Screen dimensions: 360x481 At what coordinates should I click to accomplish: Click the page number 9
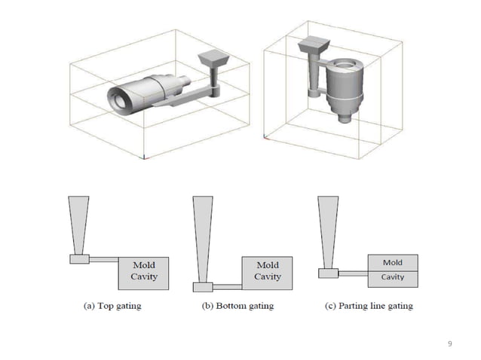(x=450, y=343)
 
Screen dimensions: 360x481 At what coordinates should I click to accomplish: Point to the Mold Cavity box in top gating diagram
(x=143, y=273)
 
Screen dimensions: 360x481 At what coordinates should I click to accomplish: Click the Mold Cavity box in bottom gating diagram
(x=267, y=273)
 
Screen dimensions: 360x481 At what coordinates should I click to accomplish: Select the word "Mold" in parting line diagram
(x=392, y=263)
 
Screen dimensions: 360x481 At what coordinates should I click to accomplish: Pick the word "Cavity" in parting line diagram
(x=392, y=277)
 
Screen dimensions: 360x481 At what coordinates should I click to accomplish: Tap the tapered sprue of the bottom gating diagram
(x=203, y=237)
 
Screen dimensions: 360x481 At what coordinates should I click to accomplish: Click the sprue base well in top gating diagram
(x=79, y=259)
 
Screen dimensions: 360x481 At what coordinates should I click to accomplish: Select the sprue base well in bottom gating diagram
(x=203, y=287)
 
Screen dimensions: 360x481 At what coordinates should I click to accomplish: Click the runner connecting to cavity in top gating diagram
(x=104, y=260)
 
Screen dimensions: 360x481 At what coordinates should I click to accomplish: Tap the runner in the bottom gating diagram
(x=227, y=287)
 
